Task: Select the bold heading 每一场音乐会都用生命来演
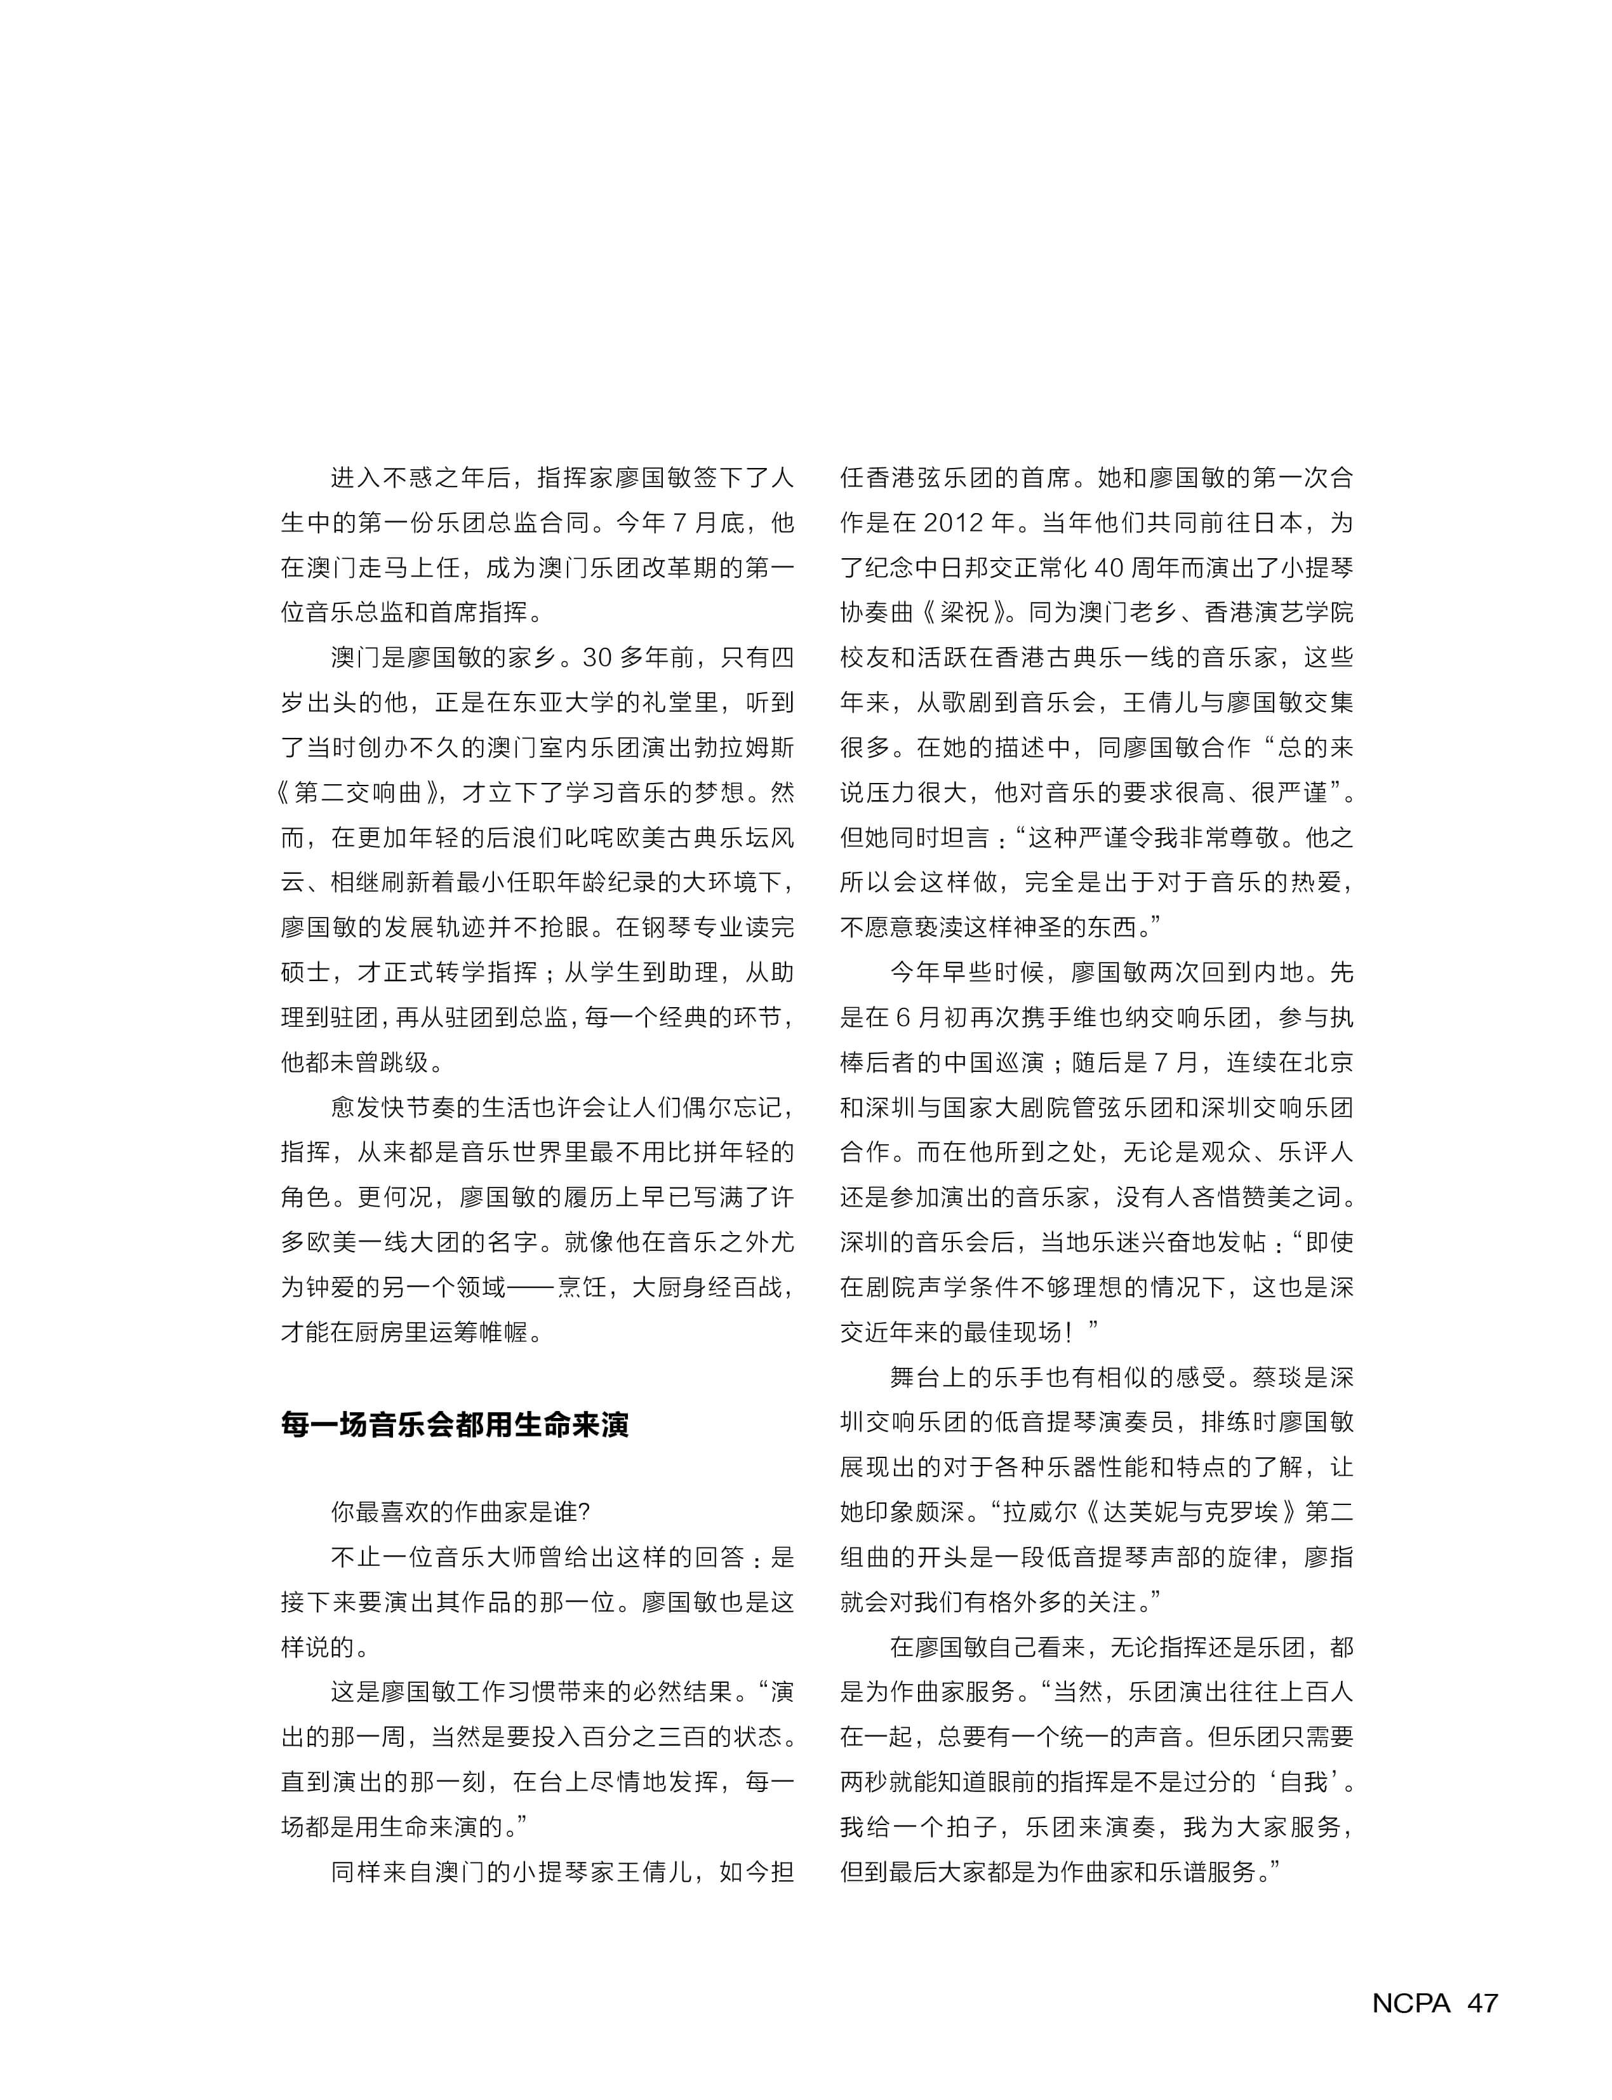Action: [455, 1424]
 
